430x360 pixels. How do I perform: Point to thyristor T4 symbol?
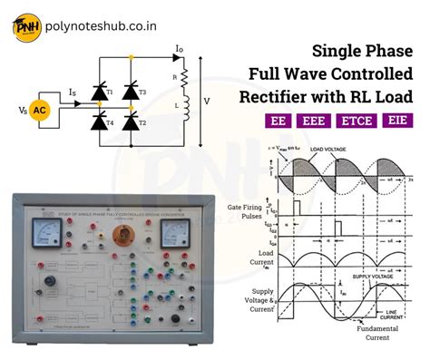(x=98, y=121)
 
